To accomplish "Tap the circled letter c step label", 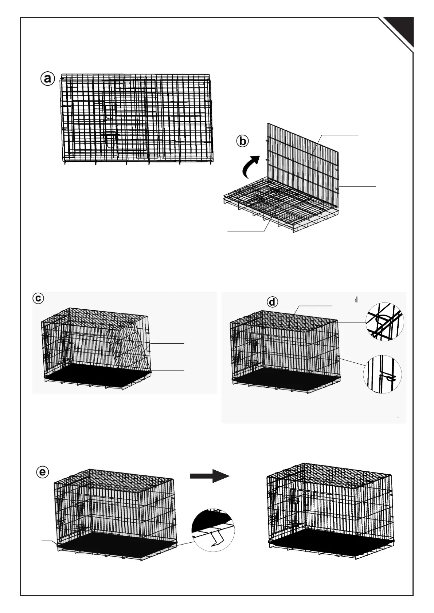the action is click(38, 298).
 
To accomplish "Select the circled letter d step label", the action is click(272, 302).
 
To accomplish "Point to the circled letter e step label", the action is click(43, 472).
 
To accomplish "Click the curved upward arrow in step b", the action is click(251, 166).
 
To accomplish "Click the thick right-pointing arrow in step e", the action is click(210, 475).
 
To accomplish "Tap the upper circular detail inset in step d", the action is click(384, 322).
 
